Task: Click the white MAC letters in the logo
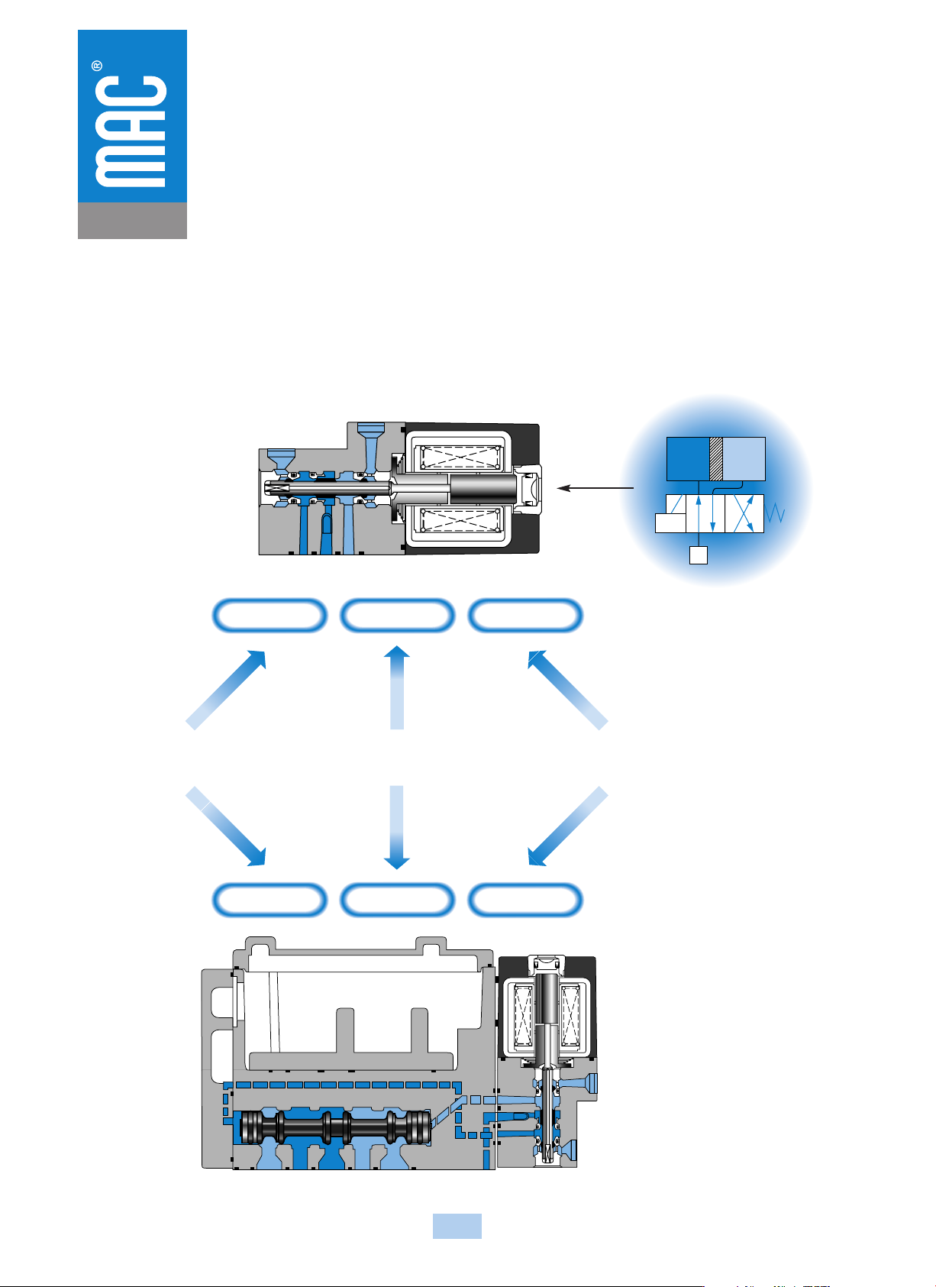point(131,131)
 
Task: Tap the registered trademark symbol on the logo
point(97,66)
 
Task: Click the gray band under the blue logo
point(132,220)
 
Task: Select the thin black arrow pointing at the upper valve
point(595,488)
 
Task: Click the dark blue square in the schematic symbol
point(688,458)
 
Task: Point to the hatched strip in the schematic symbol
point(716,458)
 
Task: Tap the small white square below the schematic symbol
point(699,555)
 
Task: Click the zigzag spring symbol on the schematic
point(775,513)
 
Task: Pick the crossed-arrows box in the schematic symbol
point(744,513)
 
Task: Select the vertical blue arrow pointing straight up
point(397,687)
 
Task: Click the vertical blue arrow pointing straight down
point(397,827)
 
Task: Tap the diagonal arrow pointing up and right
point(226,690)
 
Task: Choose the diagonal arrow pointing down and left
point(568,826)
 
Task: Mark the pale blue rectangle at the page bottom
point(457,1226)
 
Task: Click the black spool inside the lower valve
point(335,1127)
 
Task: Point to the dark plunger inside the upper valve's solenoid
point(483,488)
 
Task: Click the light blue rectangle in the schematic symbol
point(744,458)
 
